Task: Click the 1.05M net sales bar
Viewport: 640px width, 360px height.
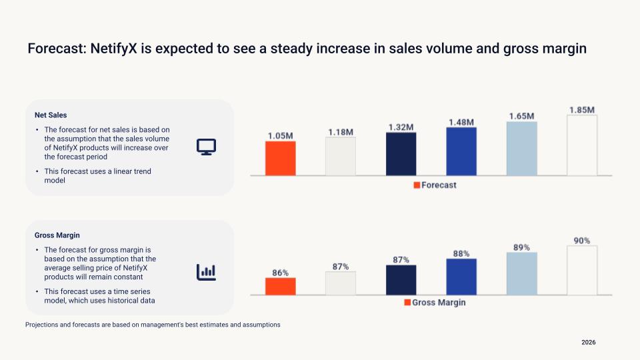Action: [280, 158]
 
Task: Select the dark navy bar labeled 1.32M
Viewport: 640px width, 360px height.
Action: [401, 153]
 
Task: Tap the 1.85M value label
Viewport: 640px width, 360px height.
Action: [581, 109]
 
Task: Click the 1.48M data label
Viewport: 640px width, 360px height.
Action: [461, 122]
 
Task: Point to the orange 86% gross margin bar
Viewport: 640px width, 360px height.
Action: [280, 286]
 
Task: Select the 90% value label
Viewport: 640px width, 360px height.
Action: [581, 241]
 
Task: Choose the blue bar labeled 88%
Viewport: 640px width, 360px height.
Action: [461, 276]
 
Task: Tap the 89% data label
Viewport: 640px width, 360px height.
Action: [521, 247]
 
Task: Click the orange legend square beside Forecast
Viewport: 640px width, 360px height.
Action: [417, 185]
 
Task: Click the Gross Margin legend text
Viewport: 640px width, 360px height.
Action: [439, 302]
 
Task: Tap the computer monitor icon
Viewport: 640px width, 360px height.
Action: [205, 147]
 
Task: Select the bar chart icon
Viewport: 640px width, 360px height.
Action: [205, 271]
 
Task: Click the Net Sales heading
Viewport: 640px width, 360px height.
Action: [51, 115]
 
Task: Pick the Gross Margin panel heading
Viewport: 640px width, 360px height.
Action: [57, 235]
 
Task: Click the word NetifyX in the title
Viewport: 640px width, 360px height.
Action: [109, 49]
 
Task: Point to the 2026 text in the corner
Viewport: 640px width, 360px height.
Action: [588, 342]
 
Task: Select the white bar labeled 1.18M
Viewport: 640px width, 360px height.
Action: [341, 156]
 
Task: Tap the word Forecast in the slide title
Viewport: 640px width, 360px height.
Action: [52, 49]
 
